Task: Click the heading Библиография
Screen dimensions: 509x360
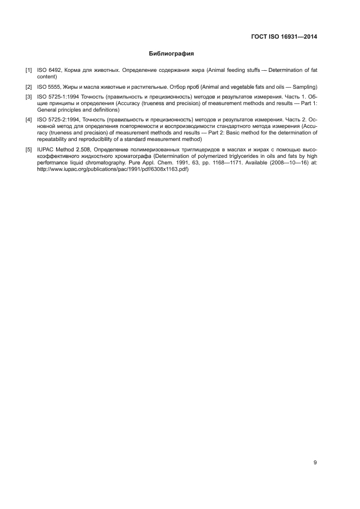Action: click(x=172, y=54)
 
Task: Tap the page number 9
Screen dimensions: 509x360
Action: click(x=315, y=462)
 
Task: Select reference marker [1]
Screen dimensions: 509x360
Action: click(x=28, y=70)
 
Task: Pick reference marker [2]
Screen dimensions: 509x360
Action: click(x=28, y=87)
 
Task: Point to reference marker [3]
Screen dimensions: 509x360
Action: click(x=28, y=97)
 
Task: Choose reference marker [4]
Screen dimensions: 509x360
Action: click(x=28, y=119)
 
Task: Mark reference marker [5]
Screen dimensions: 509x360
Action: click(x=28, y=149)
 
